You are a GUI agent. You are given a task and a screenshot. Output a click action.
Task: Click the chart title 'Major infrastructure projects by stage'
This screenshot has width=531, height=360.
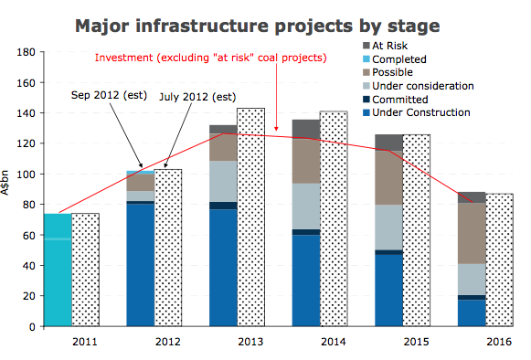pos(258,26)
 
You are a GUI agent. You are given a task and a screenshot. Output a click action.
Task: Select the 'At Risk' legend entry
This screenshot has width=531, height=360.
pos(385,46)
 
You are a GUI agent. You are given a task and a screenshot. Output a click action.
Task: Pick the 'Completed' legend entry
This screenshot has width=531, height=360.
pos(395,59)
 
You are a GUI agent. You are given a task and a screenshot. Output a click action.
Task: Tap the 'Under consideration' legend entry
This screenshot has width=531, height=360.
pos(419,86)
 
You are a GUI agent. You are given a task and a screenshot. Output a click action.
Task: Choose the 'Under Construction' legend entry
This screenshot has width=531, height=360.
pos(417,112)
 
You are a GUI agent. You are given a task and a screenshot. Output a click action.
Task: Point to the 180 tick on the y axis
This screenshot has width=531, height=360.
pos(27,52)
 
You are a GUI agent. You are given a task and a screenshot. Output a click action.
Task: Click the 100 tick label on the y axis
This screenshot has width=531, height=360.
pos(27,175)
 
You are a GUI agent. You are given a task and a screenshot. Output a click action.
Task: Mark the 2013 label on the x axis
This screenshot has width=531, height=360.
pos(250,342)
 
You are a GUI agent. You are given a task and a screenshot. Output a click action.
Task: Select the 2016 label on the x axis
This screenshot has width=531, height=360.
pos(499,342)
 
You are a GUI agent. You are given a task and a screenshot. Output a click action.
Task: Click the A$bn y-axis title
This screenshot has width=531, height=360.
pos(5,183)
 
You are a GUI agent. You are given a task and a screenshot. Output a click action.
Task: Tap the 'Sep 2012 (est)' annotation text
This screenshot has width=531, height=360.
pos(109,95)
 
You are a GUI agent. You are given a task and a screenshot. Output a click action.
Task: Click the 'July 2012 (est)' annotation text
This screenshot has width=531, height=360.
pos(197,97)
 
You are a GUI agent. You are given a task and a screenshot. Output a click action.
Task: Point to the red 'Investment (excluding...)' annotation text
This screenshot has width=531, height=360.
pos(210,58)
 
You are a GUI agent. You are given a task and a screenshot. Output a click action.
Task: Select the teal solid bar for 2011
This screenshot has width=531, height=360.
pos(58,270)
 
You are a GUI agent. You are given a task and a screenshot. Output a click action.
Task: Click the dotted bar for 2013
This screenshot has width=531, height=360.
pos(251,217)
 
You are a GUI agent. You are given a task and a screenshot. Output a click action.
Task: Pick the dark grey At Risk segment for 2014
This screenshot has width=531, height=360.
pos(306,129)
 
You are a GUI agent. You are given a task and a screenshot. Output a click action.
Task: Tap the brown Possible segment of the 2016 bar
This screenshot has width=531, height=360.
pos(472,233)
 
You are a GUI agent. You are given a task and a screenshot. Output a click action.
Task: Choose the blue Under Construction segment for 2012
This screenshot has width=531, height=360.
pos(141,265)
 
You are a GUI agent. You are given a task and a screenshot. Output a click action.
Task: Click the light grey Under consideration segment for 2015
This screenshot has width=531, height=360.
pos(389,228)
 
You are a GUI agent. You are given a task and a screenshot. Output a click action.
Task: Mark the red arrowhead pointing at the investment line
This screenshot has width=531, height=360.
pos(276,129)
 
